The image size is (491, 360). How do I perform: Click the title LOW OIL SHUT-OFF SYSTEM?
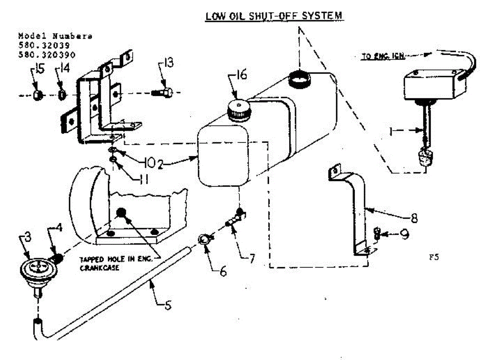click(274, 16)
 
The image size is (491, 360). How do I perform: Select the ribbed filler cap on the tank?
click(239, 109)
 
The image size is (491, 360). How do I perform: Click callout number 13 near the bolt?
click(167, 63)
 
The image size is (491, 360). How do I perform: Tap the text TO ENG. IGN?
click(383, 57)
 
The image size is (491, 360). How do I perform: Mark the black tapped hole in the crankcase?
click(121, 213)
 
